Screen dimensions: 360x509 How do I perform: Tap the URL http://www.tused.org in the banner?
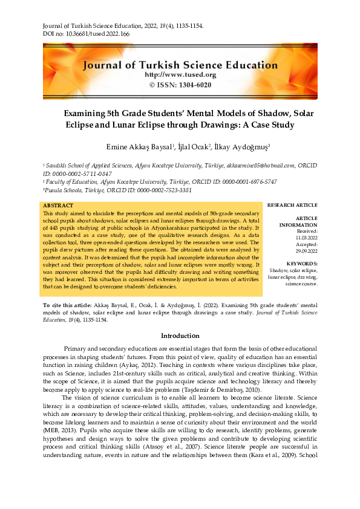180,74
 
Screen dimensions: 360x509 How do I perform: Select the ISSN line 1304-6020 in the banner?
180,85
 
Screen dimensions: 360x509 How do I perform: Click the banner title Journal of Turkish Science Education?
180,65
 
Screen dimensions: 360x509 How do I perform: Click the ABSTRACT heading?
59,206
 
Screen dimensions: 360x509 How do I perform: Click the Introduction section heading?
180,336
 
